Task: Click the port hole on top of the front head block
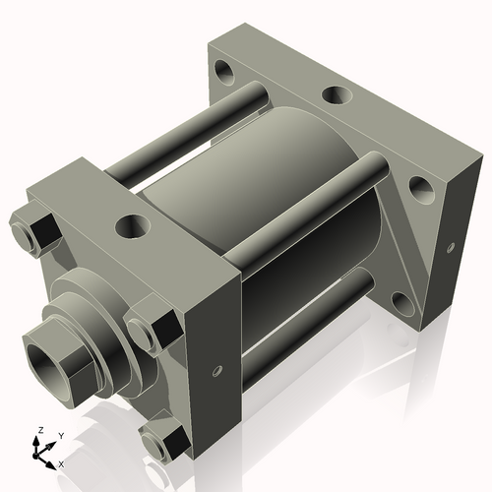tap(130, 226)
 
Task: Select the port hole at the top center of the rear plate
tap(336, 96)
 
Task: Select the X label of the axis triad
tap(60, 462)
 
